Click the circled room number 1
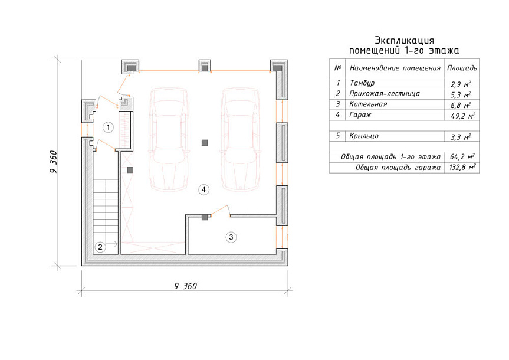coord(108,127)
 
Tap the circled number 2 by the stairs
coord(100,247)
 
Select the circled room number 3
coord(231,237)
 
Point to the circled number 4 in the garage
coord(203,189)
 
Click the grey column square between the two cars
coord(205,143)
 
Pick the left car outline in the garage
coord(169,139)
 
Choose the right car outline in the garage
coord(241,139)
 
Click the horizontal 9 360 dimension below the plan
coord(185,286)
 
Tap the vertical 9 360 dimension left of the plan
coord(54,162)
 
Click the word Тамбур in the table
coord(362,83)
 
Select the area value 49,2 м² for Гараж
coord(462,116)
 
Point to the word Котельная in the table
coord(368,104)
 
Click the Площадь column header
coord(462,68)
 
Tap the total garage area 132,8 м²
coord(462,168)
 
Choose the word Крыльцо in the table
coord(364,136)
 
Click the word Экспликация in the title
coord(405,41)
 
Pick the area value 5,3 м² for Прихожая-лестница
coord(461,95)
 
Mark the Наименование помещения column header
coord(395,68)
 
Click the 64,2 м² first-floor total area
coord(462,156)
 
